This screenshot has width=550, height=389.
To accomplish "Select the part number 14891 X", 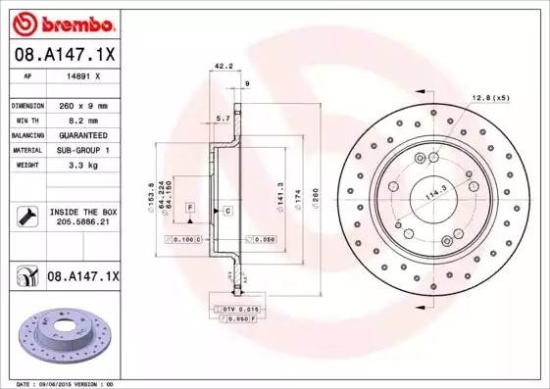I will pyautogui.click(x=82, y=74).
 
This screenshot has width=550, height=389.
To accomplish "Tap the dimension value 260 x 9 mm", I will pyautogui.click(x=83, y=105).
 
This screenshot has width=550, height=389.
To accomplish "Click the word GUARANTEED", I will pyautogui.click(x=83, y=134).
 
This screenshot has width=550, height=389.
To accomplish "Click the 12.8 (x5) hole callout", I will pyautogui.click(x=490, y=98).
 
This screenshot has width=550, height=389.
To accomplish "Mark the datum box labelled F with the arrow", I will pyautogui.click(x=190, y=207).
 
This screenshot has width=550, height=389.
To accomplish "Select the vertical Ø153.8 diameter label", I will pyautogui.click(x=150, y=191).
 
